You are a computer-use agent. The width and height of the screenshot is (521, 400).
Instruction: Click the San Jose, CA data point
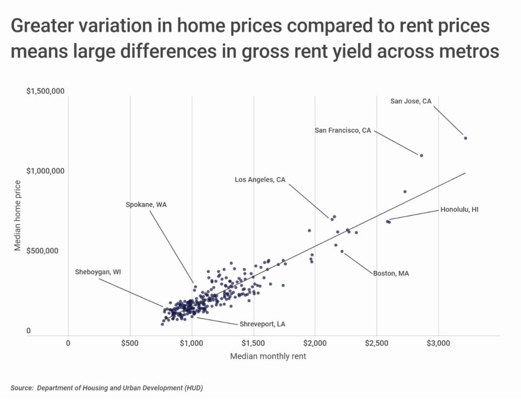coord(465,138)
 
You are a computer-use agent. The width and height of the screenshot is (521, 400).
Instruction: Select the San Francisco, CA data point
coord(421,155)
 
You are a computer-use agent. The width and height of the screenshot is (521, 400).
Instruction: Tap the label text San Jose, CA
coord(411,101)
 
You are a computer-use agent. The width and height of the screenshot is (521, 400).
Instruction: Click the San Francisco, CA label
coord(343,130)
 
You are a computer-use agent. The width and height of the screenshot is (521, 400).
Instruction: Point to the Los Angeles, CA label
coord(260,179)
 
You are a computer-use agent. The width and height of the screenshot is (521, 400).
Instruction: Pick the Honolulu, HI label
coord(459,210)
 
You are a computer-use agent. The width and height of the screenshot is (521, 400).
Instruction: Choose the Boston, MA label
coord(391,273)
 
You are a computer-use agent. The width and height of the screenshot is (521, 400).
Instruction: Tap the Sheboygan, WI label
coord(99,272)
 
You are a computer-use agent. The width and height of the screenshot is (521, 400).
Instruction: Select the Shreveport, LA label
coord(262,324)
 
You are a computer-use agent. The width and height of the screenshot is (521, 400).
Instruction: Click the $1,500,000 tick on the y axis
coord(46,92)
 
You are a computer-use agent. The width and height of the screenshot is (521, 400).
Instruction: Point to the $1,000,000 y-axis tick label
coord(46,171)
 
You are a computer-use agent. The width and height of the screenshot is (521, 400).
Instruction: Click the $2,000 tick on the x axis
coord(315,344)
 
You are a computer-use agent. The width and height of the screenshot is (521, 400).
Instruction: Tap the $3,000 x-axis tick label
coord(439,344)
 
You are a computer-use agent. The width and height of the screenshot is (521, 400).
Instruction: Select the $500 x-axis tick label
coord(130,344)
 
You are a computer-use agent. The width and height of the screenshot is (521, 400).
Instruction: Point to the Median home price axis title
coord(18,215)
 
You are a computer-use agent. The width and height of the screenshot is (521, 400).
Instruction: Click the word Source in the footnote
coord(21,387)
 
